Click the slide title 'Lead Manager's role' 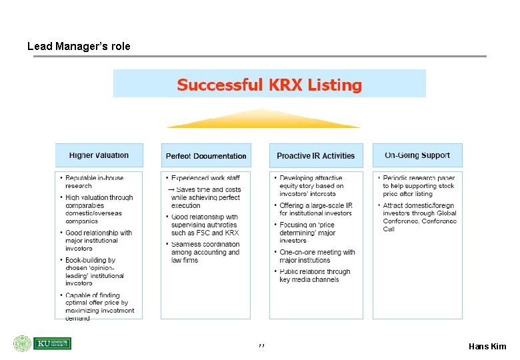click(79, 47)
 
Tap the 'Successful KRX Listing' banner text click(269, 85)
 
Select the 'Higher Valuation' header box click(99, 155)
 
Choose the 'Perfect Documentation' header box click(206, 156)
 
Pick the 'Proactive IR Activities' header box click(316, 156)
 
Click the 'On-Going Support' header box click(417, 155)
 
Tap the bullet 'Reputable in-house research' click(94, 181)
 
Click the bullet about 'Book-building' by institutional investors click(94, 271)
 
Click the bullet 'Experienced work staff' click(205, 178)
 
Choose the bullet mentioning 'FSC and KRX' click(205, 225)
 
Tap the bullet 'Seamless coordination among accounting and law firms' click(205, 252)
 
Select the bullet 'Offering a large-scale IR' click(316, 209)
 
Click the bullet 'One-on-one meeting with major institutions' click(317, 256)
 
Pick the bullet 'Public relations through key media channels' click(314, 275)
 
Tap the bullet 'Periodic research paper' click(419, 185)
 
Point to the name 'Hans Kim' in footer click(487, 346)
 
